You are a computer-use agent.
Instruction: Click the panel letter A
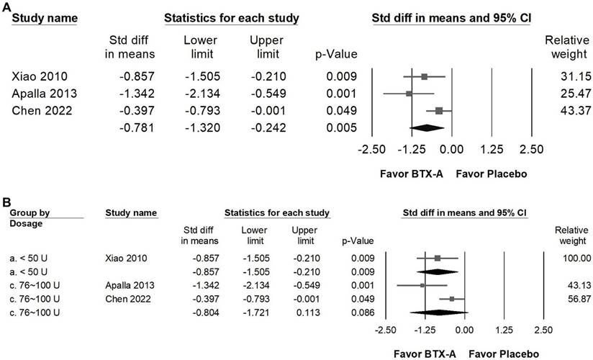tap(6, 6)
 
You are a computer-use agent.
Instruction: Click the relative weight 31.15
tap(563, 76)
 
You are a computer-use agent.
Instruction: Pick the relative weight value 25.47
tap(563, 94)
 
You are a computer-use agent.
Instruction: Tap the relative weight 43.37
tap(563, 111)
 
